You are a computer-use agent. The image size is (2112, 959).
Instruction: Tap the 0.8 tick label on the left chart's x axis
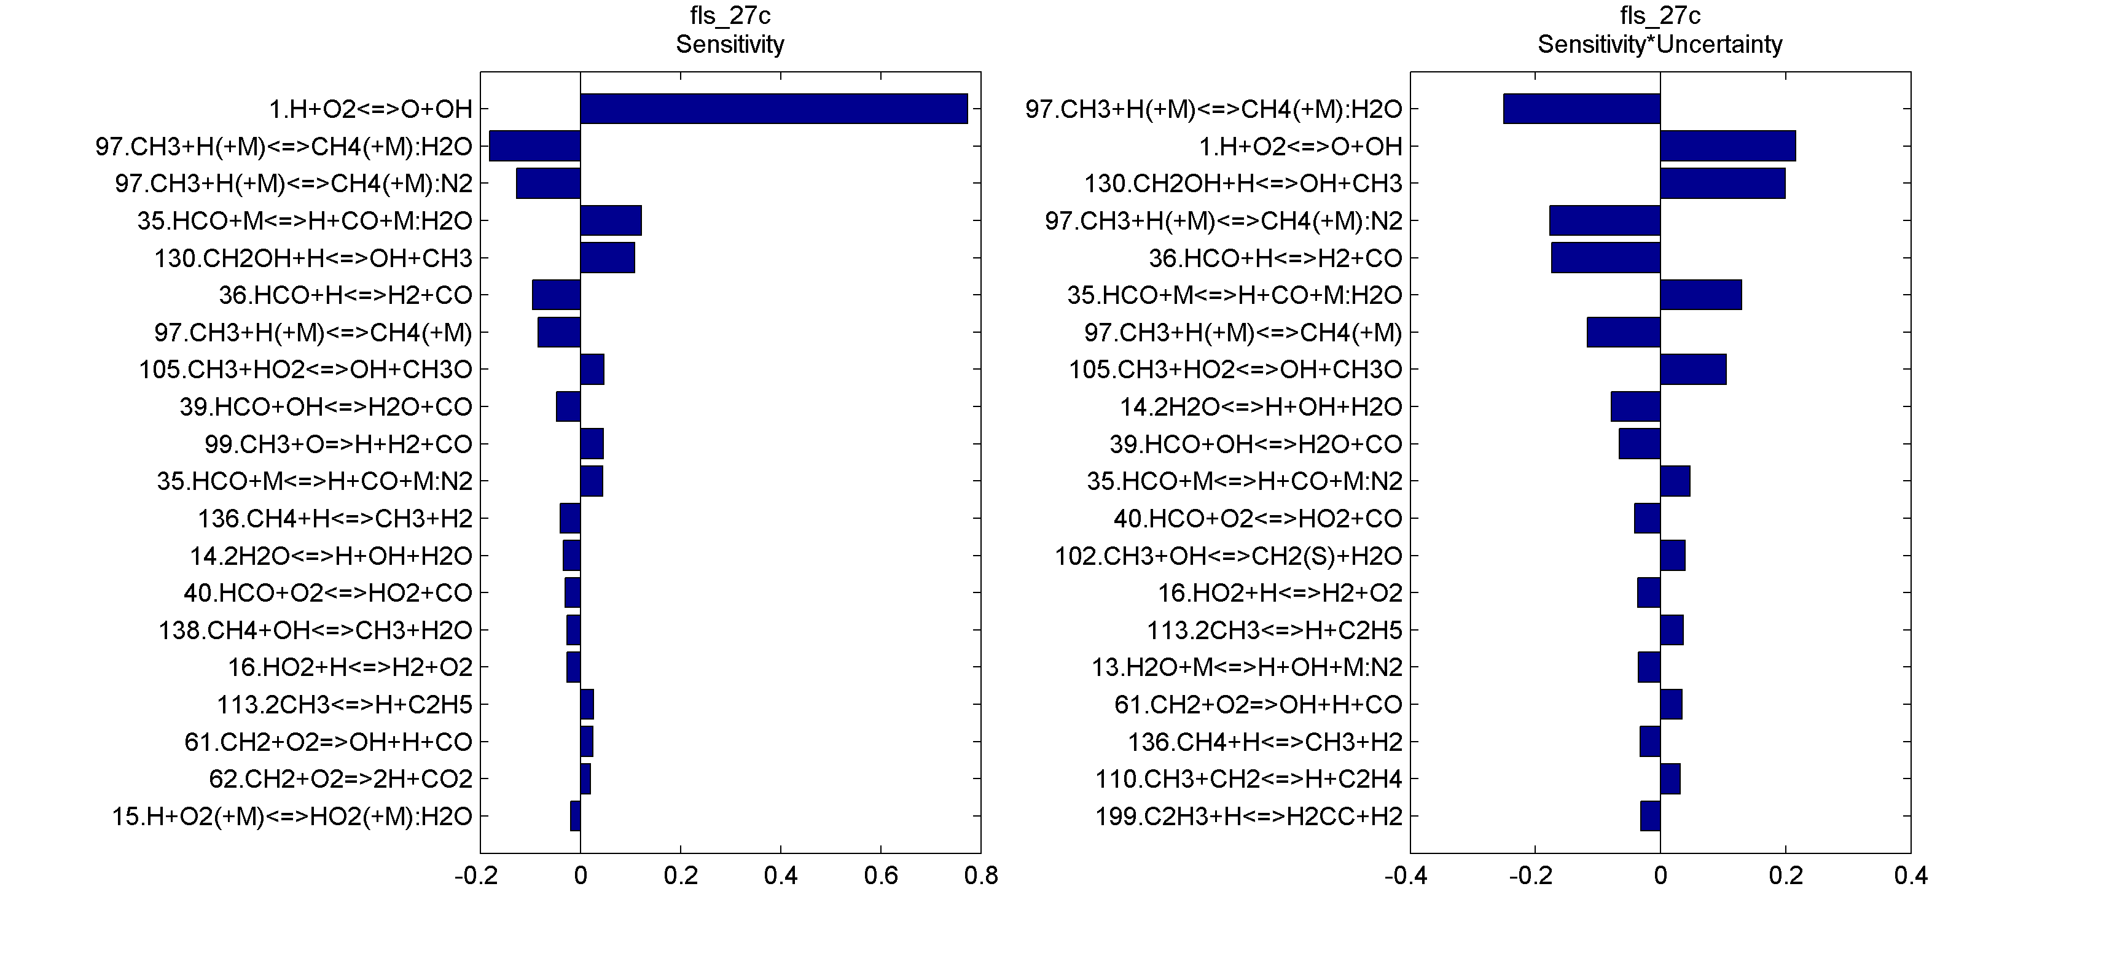tap(980, 876)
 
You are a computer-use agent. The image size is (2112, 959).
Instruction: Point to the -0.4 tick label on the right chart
tap(1406, 876)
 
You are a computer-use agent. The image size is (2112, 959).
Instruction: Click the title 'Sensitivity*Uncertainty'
tap(1659, 44)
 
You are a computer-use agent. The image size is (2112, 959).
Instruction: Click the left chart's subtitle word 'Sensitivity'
tap(730, 44)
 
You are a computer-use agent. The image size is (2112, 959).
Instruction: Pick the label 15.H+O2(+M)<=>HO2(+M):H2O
tap(292, 817)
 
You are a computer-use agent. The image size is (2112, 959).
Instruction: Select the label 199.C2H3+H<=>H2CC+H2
tap(1249, 817)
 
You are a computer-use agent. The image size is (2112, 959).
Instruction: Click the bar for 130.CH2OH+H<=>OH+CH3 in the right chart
tap(1722, 184)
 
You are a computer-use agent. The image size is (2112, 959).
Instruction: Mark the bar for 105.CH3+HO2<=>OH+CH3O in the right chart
tap(1692, 370)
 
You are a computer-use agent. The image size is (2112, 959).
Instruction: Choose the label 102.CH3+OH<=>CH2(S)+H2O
tap(1228, 556)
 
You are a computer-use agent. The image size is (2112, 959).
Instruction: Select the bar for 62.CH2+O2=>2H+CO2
tap(585, 778)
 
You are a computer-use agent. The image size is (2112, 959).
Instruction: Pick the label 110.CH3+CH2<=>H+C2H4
tap(1249, 778)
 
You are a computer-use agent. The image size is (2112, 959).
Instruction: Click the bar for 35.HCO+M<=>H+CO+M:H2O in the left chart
tap(610, 220)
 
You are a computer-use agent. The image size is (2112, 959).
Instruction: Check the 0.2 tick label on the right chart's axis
tap(1785, 876)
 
